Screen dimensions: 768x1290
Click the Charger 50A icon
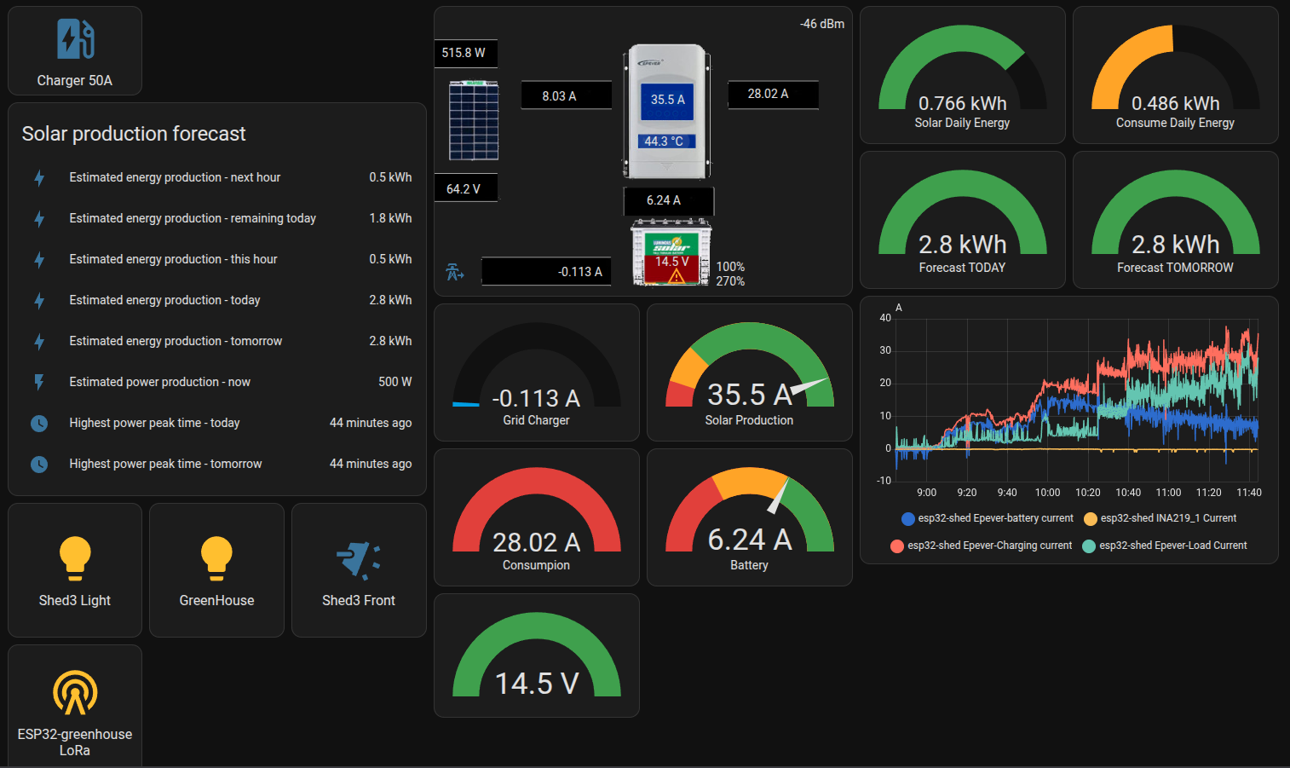point(75,39)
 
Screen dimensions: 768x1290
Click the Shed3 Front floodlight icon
point(359,560)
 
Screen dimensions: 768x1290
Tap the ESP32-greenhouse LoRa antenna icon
point(75,692)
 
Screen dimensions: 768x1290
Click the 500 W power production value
point(394,382)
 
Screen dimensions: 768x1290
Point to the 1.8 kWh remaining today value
point(390,218)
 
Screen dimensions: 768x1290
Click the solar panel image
point(474,120)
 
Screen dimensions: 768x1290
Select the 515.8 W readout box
point(464,53)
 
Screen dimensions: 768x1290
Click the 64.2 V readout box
point(464,188)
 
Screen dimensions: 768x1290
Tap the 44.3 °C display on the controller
point(665,141)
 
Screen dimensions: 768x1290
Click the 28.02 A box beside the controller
point(772,95)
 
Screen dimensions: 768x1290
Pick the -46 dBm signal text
point(822,24)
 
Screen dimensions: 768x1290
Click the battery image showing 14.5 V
point(671,253)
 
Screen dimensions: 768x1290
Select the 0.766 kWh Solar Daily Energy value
point(962,103)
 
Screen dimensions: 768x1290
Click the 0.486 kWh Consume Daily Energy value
point(1175,103)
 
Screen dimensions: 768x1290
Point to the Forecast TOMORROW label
point(1175,268)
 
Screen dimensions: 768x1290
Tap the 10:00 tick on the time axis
point(1047,493)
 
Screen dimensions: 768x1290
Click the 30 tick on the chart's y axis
point(885,350)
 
